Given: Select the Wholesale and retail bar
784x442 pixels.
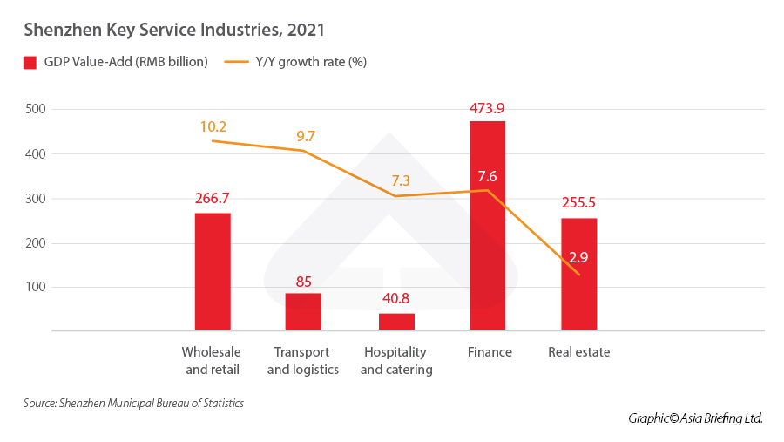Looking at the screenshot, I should (213, 272).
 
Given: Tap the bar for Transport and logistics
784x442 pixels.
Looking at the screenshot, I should (303, 311).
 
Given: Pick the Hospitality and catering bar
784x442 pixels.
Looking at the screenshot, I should (396, 321).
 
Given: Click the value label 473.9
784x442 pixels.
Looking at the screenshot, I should (487, 109).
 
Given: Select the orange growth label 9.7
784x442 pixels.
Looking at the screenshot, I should (305, 136).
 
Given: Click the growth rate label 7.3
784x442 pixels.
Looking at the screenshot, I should (400, 180).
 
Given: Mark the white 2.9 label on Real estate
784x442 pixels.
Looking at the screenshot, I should (578, 257).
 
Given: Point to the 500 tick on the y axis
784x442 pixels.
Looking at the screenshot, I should (36, 109).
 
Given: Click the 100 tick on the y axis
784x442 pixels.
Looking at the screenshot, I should (36, 287).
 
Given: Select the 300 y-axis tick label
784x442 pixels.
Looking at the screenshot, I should (36, 198).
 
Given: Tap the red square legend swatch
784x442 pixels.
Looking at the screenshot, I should (29, 62).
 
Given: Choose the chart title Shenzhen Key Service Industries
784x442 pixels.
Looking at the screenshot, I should (174, 31).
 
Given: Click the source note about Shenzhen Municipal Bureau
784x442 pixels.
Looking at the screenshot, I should (133, 404).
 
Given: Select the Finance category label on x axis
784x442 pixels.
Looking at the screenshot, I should (490, 352).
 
